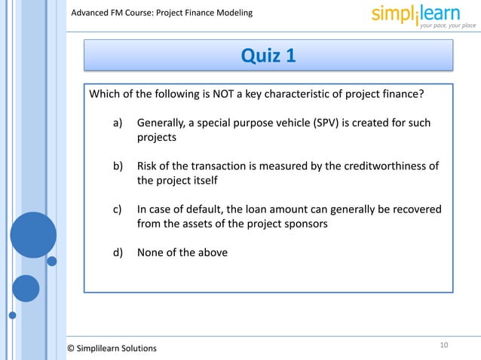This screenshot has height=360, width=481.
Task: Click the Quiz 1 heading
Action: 268,55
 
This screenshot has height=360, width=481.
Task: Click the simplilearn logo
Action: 423,14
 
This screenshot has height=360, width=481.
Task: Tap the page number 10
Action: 444,345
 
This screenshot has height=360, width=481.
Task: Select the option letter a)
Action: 118,123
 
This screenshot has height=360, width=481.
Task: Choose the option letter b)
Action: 118,166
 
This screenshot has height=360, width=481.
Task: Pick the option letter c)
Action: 118,209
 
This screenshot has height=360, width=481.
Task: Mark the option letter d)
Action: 118,252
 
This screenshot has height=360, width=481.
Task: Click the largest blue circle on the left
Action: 33,234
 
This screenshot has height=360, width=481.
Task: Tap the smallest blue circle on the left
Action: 52,261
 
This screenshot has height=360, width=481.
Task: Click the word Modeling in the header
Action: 229,12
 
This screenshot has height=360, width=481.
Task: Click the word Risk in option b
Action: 148,166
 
